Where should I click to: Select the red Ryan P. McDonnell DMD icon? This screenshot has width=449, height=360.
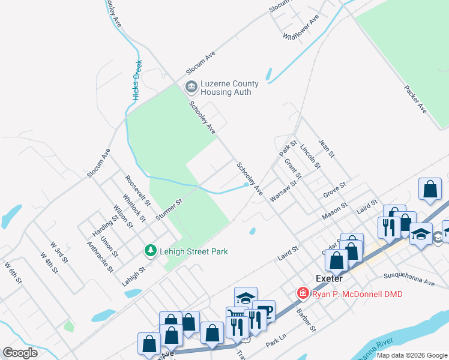(303, 293)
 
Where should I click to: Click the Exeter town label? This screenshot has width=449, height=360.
(329, 278)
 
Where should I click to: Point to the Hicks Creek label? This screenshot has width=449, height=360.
(137, 80)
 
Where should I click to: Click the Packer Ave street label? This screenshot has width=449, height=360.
(415, 100)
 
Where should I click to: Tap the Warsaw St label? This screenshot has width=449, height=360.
(283, 191)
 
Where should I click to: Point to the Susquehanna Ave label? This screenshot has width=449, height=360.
(408, 280)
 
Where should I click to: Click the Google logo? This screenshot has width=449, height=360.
(20, 352)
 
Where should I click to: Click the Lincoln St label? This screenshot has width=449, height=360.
(307, 155)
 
